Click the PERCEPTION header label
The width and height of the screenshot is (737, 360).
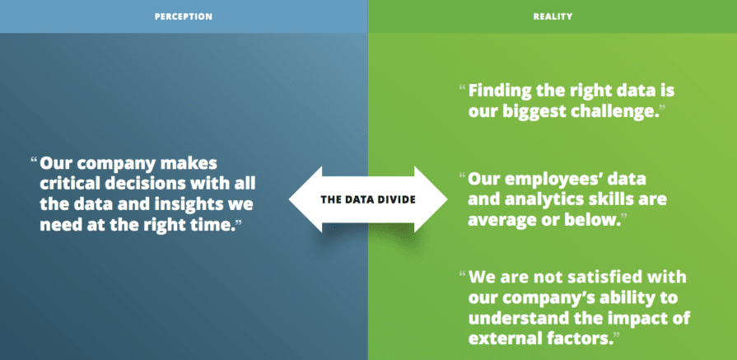pos(184,16)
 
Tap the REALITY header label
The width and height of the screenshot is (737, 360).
pos(552,16)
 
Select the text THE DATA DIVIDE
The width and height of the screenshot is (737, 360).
pos(368,199)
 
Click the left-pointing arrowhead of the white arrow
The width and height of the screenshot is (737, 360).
pos(304,199)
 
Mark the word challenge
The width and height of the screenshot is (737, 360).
pos(619,110)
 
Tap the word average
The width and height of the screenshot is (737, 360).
pos(500,221)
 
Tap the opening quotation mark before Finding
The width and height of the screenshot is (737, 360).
pos(462,86)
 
